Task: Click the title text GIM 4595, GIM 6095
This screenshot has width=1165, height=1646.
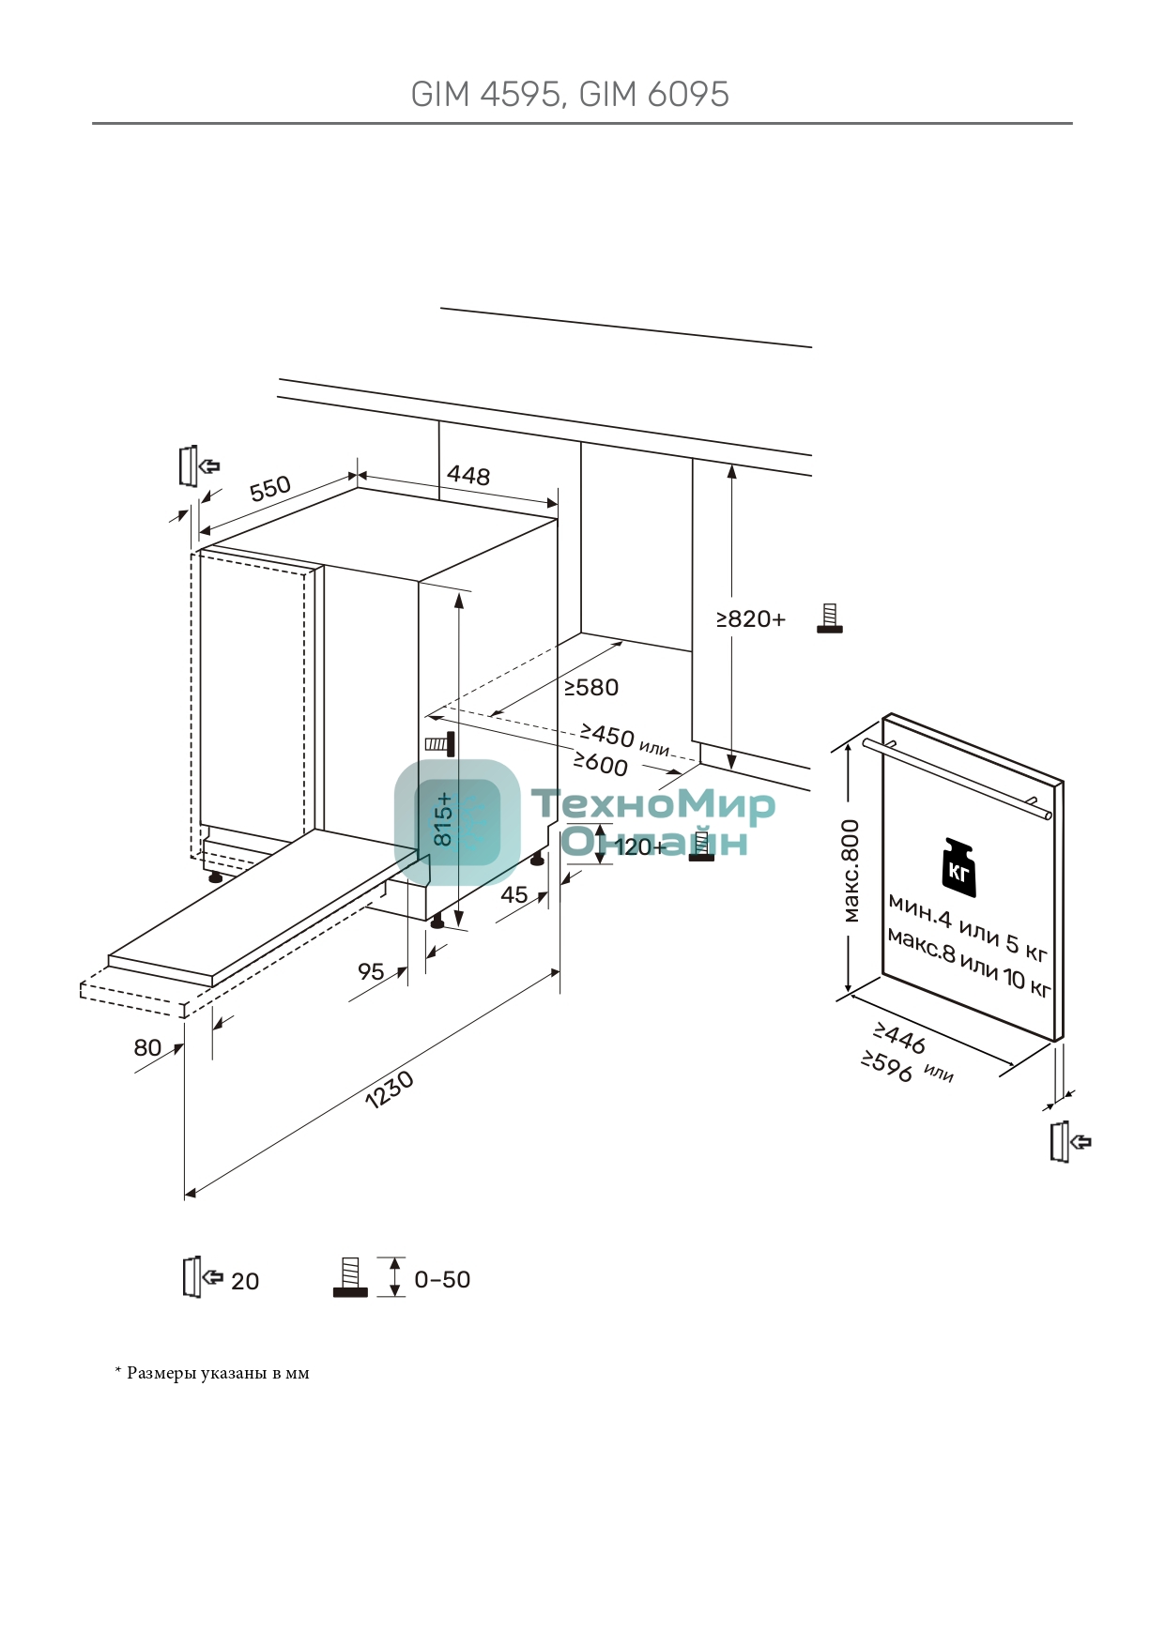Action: point(570,95)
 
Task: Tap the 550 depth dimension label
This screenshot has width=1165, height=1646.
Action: point(270,489)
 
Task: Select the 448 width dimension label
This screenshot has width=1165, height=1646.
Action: point(468,476)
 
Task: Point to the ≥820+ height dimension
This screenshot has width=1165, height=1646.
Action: point(750,619)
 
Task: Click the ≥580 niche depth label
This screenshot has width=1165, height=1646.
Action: point(590,688)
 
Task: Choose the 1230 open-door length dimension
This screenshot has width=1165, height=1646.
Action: point(389,1090)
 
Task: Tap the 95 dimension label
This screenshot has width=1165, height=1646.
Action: point(371,971)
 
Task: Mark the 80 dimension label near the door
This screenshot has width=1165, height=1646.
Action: point(147,1047)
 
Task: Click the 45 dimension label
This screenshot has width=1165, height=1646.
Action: point(514,894)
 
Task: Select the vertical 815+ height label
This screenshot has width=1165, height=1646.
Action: point(443,819)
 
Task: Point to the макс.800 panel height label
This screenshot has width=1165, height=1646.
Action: point(851,871)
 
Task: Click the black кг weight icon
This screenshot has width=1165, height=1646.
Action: point(958,868)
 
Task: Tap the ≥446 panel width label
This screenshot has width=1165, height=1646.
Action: point(899,1038)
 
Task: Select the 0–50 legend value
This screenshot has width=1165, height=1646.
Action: point(442,1280)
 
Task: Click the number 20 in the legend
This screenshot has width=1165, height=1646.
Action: point(245,1282)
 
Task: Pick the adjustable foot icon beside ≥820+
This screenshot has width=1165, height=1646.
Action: point(829,618)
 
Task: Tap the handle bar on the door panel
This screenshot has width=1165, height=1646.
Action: point(958,778)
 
